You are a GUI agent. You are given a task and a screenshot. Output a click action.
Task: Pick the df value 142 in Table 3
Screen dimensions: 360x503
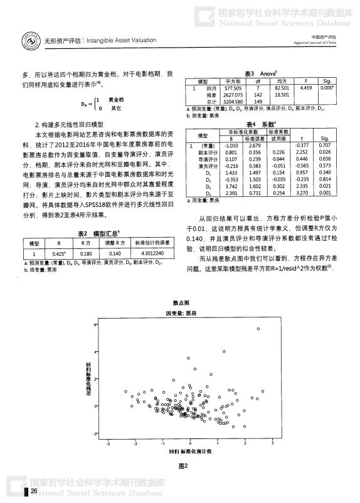tap(257, 95)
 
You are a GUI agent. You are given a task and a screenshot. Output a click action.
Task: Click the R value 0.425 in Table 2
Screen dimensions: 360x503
tap(58, 254)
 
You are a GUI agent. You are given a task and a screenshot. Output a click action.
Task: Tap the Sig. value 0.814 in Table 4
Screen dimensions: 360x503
tap(324, 179)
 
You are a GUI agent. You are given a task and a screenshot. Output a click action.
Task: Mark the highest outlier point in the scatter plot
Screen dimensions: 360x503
tap(258, 329)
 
